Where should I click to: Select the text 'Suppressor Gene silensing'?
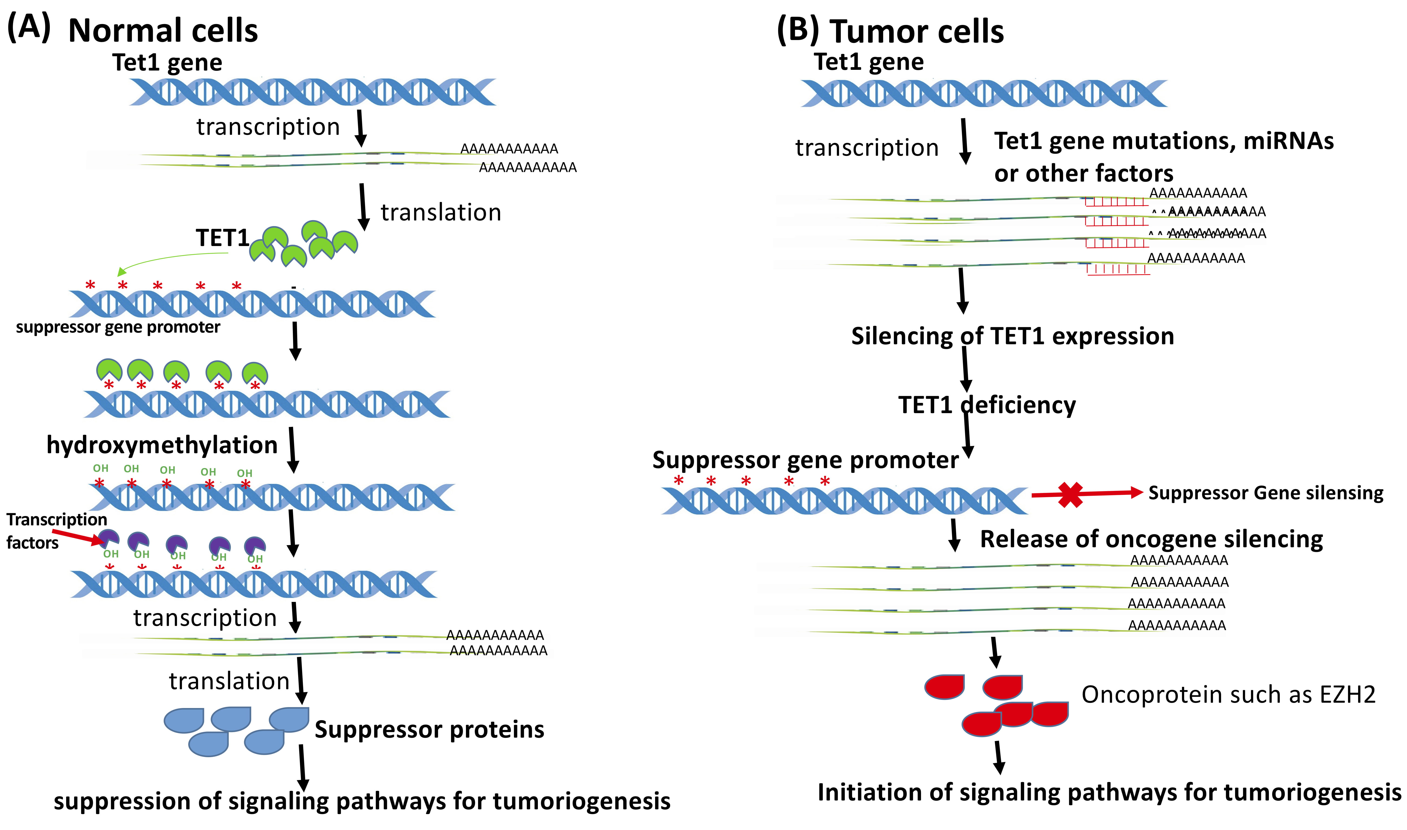(1265, 493)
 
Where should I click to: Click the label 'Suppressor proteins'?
(429, 729)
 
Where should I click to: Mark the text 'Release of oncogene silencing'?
(1151, 539)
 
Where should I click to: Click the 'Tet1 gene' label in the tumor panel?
(869, 62)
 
